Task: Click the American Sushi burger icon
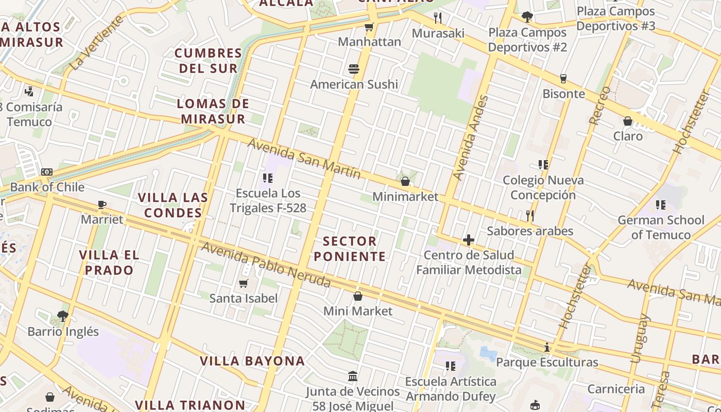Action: pyautogui.click(x=353, y=69)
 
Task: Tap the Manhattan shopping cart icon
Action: pyautogui.click(x=369, y=27)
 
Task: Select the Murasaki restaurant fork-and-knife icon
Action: pyautogui.click(x=438, y=18)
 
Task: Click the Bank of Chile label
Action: pyautogui.click(x=47, y=187)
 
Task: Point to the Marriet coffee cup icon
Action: pyautogui.click(x=102, y=204)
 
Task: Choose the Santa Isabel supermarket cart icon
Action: pyautogui.click(x=244, y=283)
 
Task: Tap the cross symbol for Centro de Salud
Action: pyautogui.click(x=469, y=240)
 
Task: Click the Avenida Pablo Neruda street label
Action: pyautogui.click(x=265, y=265)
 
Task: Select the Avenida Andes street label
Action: pyautogui.click(x=470, y=138)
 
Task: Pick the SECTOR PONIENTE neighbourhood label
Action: pyautogui.click(x=350, y=249)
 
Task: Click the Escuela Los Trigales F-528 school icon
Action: pyautogui.click(x=268, y=178)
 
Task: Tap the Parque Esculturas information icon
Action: pyautogui.click(x=547, y=348)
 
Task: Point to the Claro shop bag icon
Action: pyautogui.click(x=628, y=122)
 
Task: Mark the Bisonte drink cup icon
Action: pyautogui.click(x=563, y=79)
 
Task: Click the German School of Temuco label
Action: pyautogui.click(x=661, y=228)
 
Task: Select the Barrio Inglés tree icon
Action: pyautogui.click(x=63, y=316)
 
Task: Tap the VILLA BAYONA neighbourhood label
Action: pyautogui.click(x=252, y=361)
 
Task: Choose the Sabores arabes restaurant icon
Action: pyautogui.click(x=530, y=215)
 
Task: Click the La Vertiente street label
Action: pyautogui.click(x=97, y=43)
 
